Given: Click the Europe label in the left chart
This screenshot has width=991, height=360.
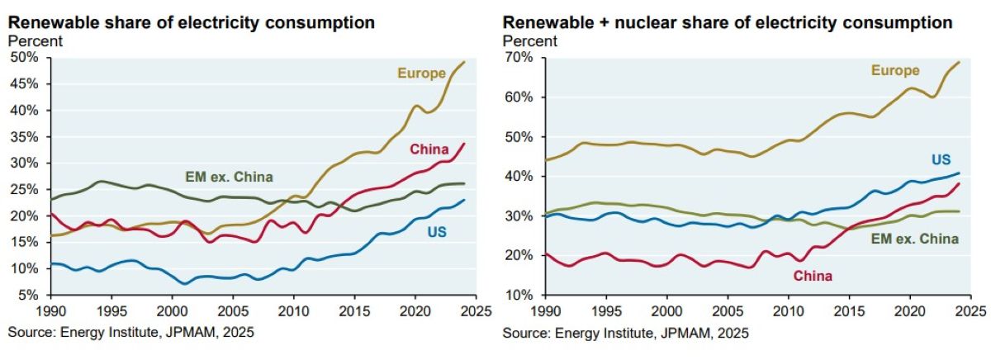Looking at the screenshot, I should (422, 73).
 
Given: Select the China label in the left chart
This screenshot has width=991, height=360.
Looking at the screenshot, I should (429, 149).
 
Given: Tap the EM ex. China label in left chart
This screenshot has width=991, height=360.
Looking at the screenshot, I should (226, 176).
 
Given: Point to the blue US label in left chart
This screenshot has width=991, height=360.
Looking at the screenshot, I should (437, 233).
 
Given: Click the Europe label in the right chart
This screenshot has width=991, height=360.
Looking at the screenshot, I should (895, 70).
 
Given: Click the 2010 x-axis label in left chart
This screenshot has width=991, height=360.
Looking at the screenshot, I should (292, 312).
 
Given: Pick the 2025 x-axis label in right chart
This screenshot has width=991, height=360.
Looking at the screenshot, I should (969, 312).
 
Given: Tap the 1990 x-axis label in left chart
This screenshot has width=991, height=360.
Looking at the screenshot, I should (50, 312).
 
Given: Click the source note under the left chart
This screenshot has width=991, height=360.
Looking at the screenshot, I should (130, 333).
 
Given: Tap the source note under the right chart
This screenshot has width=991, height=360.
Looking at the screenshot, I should (625, 333).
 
